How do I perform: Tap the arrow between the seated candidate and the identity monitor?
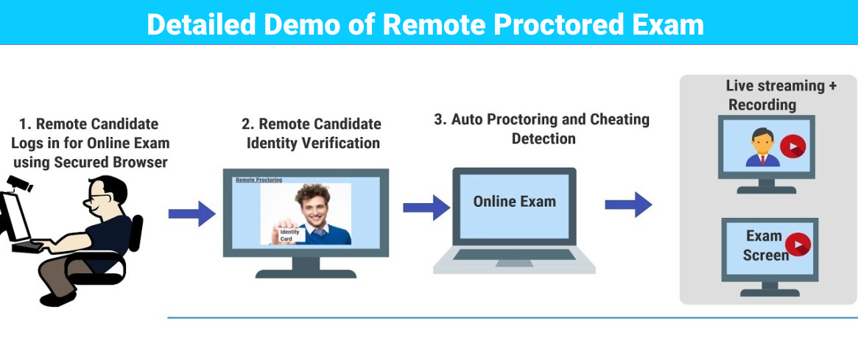[191, 213]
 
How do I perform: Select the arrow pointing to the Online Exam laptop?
[426, 207]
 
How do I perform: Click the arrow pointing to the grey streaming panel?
[628, 204]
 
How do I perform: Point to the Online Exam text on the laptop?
[514, 202]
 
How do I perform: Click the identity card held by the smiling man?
[289, 235]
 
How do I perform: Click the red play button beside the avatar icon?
[792, 147]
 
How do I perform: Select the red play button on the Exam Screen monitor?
[798, 244]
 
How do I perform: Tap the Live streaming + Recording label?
[781, 95]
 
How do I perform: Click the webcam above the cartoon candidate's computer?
[21, 184]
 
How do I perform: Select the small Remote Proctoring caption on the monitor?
[258, 180]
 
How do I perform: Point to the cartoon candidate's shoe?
[55, 299]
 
